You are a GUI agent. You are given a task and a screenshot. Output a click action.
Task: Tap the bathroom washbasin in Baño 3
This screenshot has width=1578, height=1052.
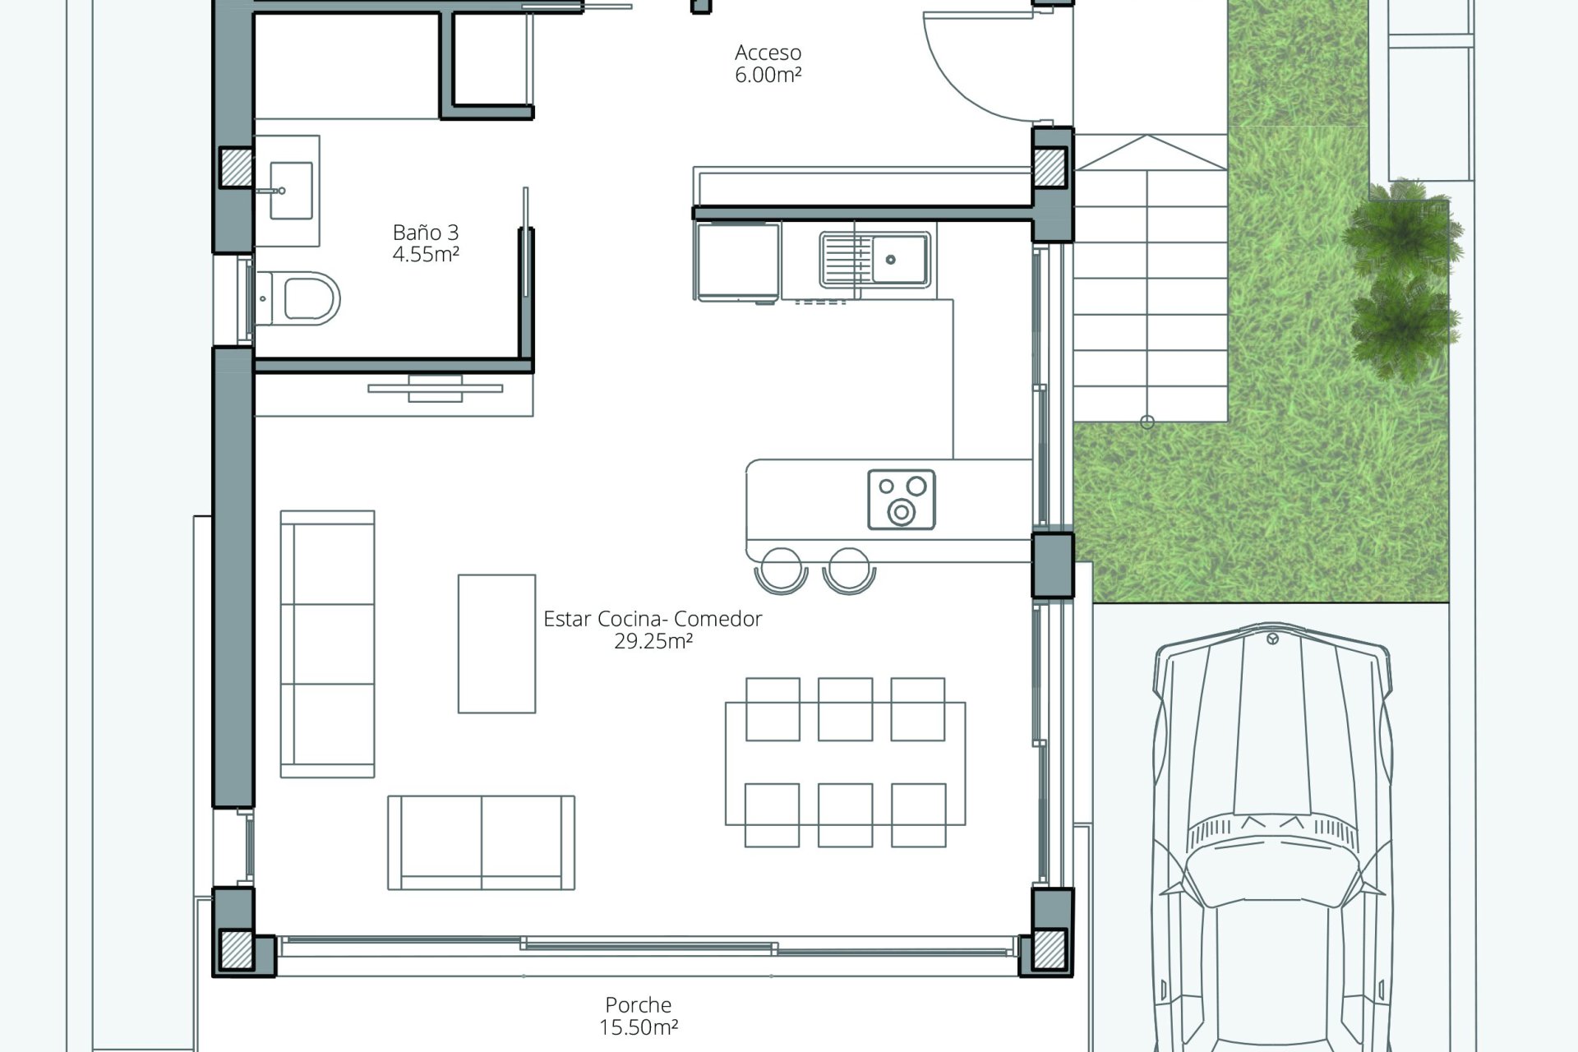pos(291,191)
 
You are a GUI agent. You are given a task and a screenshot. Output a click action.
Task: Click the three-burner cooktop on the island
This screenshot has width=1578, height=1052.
pos(902,499)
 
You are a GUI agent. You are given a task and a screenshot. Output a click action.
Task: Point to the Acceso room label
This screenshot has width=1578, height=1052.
pos(768,53)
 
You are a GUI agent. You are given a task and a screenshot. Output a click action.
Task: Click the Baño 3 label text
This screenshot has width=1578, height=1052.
pos(425,232)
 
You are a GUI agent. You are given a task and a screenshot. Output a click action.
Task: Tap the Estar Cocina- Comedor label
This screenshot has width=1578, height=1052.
pos(653,619)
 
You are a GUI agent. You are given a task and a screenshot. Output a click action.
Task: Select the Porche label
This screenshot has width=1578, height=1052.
pos(639,1004)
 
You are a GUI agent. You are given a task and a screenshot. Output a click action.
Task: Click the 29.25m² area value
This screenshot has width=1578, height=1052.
pos(653,642)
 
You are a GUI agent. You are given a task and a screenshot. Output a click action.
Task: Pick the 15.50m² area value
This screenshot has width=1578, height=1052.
pos(639,1027)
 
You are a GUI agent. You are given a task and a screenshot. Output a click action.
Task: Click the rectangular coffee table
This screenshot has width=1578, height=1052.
pos(497,644)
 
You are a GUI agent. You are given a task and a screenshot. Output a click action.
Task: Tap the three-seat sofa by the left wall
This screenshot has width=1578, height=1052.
pos(328,644)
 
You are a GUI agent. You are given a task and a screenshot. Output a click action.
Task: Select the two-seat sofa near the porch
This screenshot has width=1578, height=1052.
pos(482,842)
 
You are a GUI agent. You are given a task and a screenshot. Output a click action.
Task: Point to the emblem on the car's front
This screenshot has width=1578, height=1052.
pos(1273,639)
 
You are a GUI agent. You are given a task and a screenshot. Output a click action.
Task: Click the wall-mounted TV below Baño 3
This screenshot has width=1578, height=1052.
pos(436,389)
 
